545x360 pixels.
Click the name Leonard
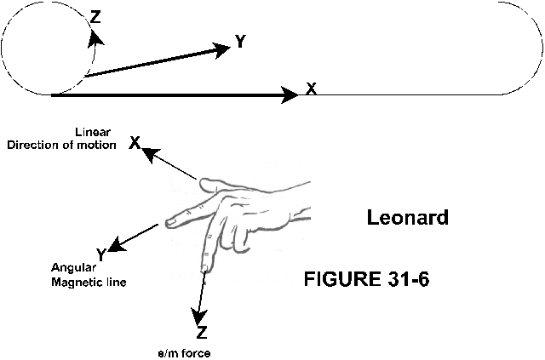point(407,218)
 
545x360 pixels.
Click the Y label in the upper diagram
point(241,42)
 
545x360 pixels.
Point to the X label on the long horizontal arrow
point(312,89)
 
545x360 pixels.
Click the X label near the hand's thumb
point(135,143)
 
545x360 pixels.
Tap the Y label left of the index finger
point(101,254)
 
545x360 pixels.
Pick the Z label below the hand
point(202,332)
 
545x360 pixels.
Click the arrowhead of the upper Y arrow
point(223,48)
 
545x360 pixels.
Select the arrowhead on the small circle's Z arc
point(96,36)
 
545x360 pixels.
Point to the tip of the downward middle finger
point(204,268)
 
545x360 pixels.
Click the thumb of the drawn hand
point(213,183)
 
